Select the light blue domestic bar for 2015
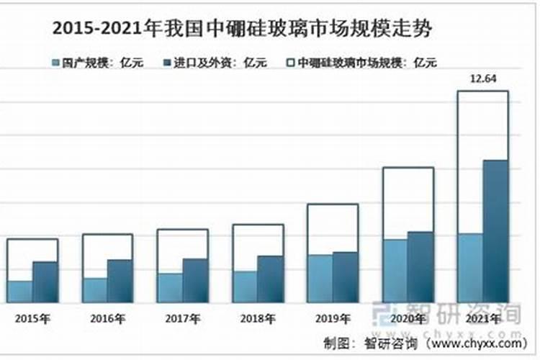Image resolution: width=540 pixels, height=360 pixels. (20, 291)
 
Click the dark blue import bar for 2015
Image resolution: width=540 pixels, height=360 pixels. (45, 282)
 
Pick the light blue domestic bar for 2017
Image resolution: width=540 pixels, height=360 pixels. (170, 287)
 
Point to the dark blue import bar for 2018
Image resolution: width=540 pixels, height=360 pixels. (270, 279)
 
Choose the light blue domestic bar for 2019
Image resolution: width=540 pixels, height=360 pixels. (320, 278)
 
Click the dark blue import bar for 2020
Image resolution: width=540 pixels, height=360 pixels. (420, 266)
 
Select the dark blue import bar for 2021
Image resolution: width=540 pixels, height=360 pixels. (495, 230)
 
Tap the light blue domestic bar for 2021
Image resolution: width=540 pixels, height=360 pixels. (469, 267)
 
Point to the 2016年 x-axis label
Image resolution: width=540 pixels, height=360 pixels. (107, 318)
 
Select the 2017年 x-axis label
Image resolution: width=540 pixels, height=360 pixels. (182, 318)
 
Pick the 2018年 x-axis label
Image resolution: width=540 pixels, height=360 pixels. (257, 318)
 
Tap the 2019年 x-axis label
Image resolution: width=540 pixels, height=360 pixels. (333, 318)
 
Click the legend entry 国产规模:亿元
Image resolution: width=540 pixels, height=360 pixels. (97, 63)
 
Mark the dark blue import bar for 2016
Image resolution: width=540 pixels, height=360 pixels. (120, 281)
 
